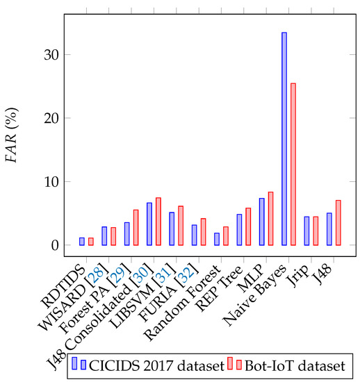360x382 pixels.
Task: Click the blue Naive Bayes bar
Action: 284,139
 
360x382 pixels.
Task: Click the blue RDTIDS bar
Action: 82,241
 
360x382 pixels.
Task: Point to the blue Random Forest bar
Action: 217,239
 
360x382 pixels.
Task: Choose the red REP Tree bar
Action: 248,226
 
